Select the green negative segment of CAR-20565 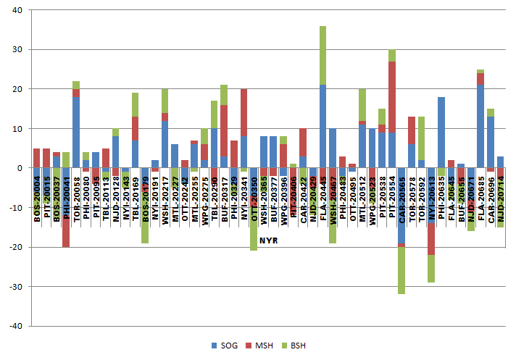(401, 270)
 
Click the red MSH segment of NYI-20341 (244, 112)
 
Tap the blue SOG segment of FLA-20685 (480, 127)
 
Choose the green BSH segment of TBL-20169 (136, 104)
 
